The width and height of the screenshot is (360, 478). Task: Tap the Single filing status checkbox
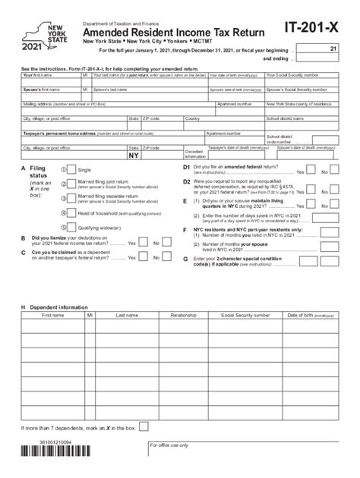click(x=71, y=170)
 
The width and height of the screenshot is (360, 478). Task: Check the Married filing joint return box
click(x=71, y=184)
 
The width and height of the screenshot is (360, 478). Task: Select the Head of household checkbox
click(x=71, y=213)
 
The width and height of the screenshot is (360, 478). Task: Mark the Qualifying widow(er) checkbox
click(x=71, y=227)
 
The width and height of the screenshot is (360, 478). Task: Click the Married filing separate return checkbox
click(x=71, y=198)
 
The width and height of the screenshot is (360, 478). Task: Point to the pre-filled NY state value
click(x=134, y=155)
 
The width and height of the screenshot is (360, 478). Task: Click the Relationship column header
click(x=184, y=313)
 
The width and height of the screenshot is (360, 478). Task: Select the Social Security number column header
click(x=245, y=313)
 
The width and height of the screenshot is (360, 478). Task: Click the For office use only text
click(x=169, y=445)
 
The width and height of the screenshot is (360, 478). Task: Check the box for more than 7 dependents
click(x=144, y=426)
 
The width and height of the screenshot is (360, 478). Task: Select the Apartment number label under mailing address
click(x=235, y=104)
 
